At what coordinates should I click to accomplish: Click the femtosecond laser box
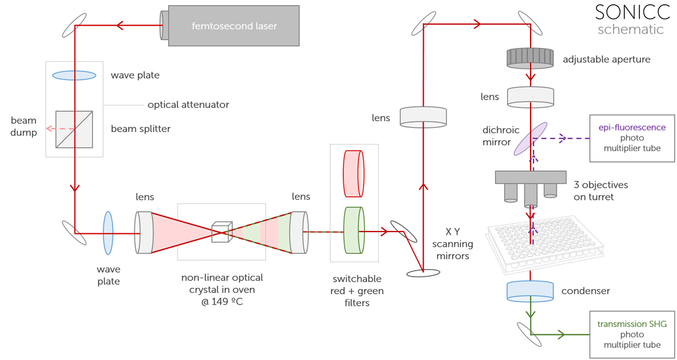[x=233, y=26]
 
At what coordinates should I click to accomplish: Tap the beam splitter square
[x=74, y=129]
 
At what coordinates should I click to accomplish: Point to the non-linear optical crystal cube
[x=221, y=232]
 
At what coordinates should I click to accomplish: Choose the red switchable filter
[x=354, y=173]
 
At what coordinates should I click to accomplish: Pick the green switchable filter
[x=354, y=230]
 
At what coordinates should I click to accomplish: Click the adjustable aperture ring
[x=530, y=58]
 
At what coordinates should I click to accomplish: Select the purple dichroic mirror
[x=530, y=139]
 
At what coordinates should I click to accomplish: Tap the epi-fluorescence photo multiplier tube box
[x=632, y=138]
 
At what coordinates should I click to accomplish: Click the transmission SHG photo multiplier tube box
[x=632, y=334]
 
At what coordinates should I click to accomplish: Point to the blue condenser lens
[x=530, y=291]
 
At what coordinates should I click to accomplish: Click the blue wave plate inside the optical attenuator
[x=74, y=76]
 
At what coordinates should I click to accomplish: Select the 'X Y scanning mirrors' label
[x=453, y=244]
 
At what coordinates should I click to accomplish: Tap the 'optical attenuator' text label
[x=188, y=104]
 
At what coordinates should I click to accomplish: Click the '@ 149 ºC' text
[x=222, y=301]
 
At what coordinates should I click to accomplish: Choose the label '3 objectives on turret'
[x=600, y=191]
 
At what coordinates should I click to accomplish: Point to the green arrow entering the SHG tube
[x=562, y=334]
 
